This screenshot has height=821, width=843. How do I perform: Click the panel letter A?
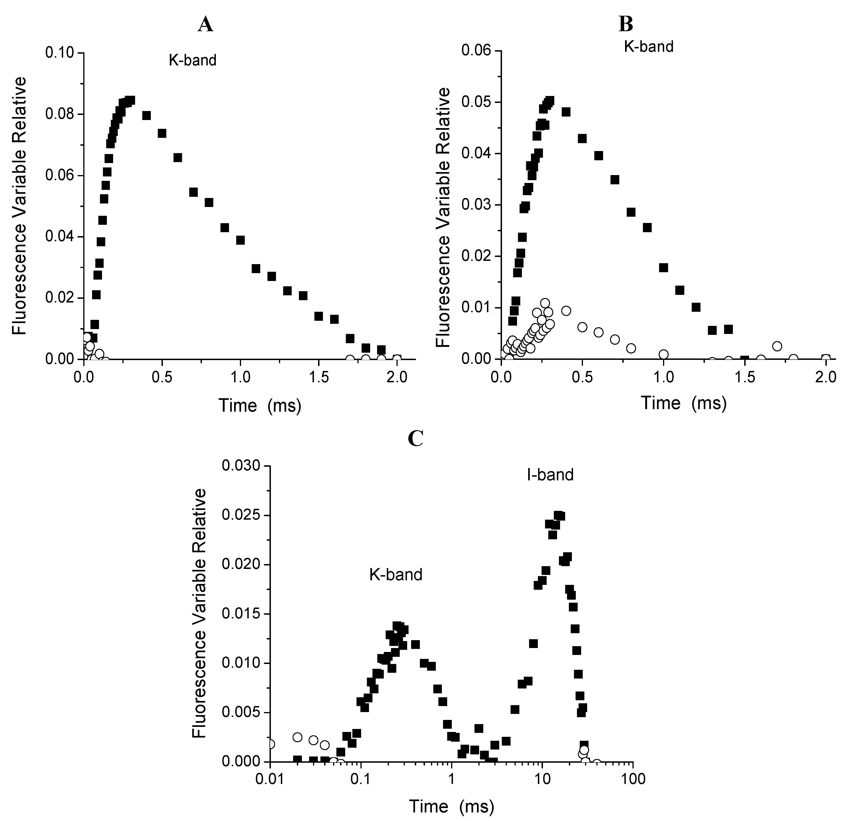205,25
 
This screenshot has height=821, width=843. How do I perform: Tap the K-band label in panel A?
192,60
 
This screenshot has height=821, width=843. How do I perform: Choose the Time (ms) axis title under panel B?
684,403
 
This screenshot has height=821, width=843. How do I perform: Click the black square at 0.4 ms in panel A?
146,116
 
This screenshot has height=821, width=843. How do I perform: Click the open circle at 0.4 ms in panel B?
566,310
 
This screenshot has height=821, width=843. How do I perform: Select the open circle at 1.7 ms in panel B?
777,346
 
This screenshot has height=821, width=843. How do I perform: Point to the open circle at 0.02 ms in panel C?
297,737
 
